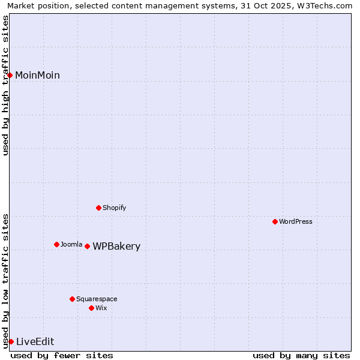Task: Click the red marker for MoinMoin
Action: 10,75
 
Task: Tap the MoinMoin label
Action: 37,75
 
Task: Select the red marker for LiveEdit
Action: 11,341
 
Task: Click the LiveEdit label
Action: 35,342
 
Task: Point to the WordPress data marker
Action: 275,221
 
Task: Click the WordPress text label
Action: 296,221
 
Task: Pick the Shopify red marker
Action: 98,208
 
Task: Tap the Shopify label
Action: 114,208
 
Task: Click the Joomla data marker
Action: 56,244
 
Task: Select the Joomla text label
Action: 71,244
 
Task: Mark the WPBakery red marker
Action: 87,246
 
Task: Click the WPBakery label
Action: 116,247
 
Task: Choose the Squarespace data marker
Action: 72,299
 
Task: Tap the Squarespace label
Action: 97,299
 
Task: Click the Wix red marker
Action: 91,308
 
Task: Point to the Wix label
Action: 101,308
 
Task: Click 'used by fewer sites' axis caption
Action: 62,355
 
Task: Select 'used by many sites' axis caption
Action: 301,355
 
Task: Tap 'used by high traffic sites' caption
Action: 5,85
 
